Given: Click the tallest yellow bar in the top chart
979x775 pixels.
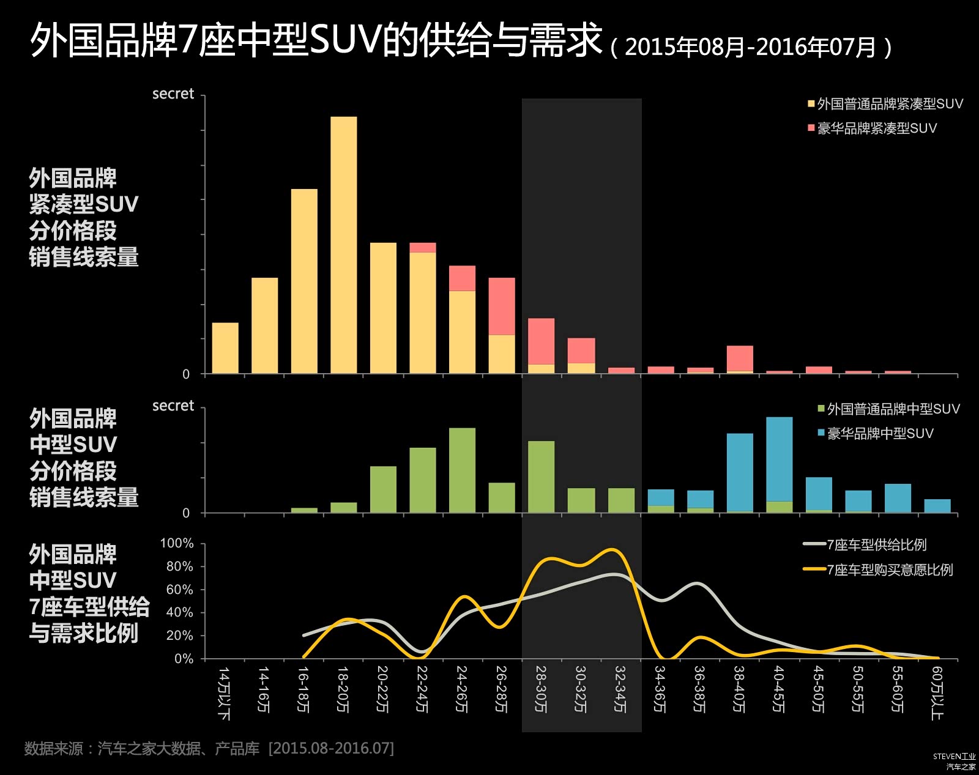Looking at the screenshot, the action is pyautogui.click(x=343, y=245).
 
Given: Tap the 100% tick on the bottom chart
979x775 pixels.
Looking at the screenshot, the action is pyautogui.click(x=177, y=543).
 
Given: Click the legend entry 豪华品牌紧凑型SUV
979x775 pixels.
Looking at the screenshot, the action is pyautogui.click(x=872, y=128).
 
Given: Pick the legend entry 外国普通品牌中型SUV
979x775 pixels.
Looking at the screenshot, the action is pyautogui.click(x=888, y=409).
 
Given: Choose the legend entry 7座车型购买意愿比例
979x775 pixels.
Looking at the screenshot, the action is pyautogui.click(x=878, y=569).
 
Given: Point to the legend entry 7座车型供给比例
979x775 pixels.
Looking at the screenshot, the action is pyautogui.click(x=865, y=544).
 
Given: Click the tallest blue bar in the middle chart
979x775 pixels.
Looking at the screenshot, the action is pyautogui.click(x=780, y=459).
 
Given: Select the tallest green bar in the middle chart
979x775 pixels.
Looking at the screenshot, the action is pyautogui.click(x=462, y=470).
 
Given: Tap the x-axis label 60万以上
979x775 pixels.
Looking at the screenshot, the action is pyautogui.click(x=937, y=693).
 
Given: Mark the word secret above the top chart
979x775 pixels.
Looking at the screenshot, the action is pyautogui.click(x=173, y=94).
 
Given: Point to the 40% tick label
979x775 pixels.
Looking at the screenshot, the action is pyautogui.click(x=180, y=612).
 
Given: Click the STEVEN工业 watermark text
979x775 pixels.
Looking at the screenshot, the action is pyautogui.click(x=954, y=757).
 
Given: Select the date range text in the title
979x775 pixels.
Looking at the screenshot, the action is pyautogui.click(x=751, y=48).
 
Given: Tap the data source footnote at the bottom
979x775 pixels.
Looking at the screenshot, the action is pyautogui.click(x=209, y=748).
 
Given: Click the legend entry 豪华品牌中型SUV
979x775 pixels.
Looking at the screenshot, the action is pyautogui.click(x=875, y=433).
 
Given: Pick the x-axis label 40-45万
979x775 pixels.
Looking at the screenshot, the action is pyautogui.click(x=778, y=689).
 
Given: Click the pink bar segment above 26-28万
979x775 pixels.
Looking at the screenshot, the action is pyautogui.click(x=502, y=306).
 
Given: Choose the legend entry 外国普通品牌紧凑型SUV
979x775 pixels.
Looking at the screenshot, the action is pyautogui.click(x=885, y=104).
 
